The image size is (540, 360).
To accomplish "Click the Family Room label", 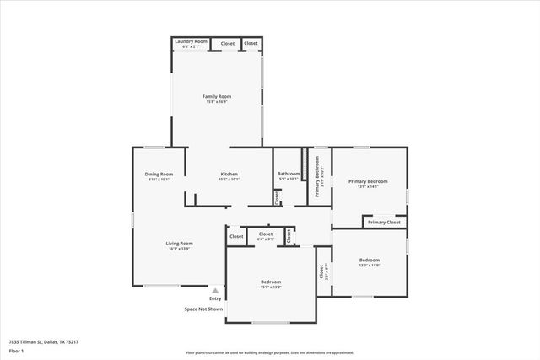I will [x=217, y=97].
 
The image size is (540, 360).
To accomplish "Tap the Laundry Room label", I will [x=191, y=41].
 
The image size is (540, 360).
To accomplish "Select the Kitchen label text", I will [x=229, y=174].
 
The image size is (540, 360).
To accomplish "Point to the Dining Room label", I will [x=159, y=174].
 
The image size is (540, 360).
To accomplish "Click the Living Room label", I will [x=179, y=243].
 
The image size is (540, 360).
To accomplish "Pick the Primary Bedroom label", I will [x=368, y=181].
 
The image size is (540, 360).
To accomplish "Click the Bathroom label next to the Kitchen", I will [x=289, y=174].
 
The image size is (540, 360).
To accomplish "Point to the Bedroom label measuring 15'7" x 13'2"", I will [x=270, y=282].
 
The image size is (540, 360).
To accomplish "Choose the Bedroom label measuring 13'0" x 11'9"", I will [x=370, y=260].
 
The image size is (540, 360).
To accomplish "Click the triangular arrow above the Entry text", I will [x=215, y=290].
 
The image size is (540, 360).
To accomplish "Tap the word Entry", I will [x=215, y=298].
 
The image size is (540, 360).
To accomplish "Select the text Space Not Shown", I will [x=203, y=309].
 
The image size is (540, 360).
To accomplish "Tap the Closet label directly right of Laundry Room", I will [x=228, y=43].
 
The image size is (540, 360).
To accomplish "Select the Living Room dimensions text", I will [x=179, y=249].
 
